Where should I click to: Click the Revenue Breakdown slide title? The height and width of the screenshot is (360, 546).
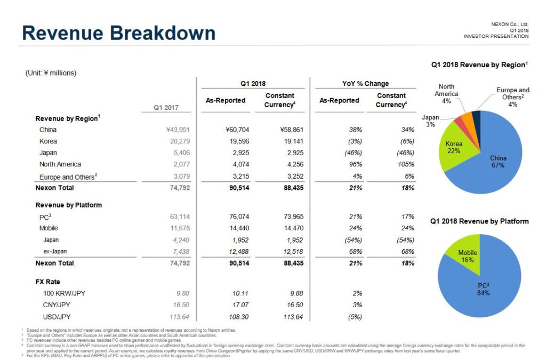tap(118, 33)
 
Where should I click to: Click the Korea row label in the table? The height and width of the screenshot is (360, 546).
tap(48, 141)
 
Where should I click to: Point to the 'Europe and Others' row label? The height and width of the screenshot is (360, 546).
tap(66, 177)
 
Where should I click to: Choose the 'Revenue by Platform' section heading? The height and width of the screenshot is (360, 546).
tap(68, 205)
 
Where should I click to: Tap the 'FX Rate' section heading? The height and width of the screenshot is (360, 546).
tap(48, 282)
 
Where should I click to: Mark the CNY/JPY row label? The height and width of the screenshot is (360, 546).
tap(57, 305)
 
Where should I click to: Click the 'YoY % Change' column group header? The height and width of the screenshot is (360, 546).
tap(365, 84)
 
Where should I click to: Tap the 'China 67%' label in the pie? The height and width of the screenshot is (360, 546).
tap(498, 162)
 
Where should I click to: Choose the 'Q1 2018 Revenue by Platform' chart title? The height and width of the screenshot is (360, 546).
tap(479, 221)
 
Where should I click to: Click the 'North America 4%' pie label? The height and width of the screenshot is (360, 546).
tap(446, 94)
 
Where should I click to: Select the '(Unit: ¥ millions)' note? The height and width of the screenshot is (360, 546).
tap(51, 73)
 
